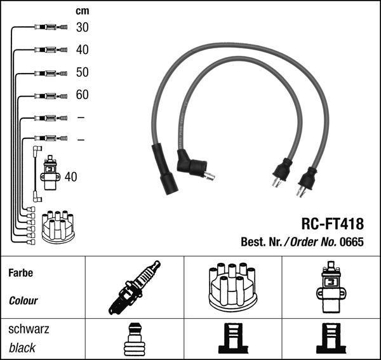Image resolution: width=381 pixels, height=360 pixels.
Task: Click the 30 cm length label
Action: point(82,27)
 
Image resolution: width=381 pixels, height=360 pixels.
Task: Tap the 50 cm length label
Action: point(82,72)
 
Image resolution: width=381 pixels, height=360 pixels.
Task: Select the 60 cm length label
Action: point(82,95)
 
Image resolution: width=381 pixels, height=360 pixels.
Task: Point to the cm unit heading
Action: point(82,11)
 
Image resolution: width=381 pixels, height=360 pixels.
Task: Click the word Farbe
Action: point(20,274)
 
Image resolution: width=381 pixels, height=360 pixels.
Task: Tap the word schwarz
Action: point(29,330)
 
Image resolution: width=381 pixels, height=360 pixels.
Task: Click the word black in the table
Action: point(22,348)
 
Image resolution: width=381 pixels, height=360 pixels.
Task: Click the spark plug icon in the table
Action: point(135,288)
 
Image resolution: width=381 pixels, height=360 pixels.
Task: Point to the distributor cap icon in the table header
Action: point(232,286)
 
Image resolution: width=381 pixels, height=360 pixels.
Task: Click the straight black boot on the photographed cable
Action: point(166,170)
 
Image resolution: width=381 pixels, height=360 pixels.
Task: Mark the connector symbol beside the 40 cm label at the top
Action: point(50,50)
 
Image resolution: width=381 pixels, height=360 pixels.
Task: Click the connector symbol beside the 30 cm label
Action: point(50,27)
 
